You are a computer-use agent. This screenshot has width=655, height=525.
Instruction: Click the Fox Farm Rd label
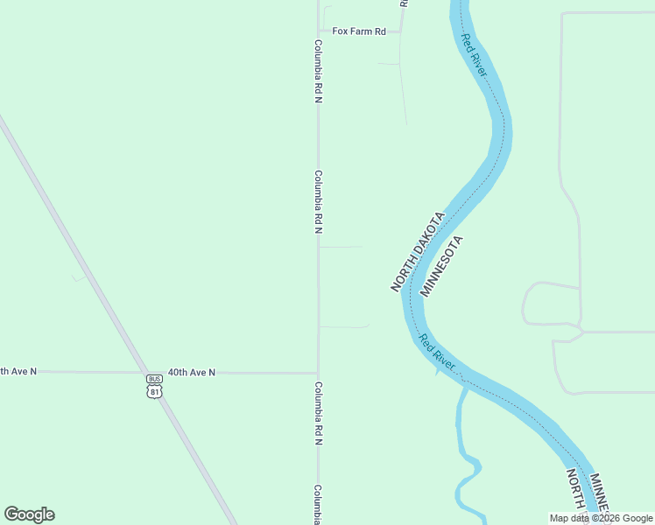pyautogui.click(x=358, y=31)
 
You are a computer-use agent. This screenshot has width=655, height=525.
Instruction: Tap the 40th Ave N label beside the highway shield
pyautogui.click(x=192, y=372)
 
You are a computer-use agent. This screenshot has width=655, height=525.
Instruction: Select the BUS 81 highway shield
pyautogui.click(x=155, y=385)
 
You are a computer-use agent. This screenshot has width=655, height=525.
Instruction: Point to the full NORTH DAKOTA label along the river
pyautogui.click(x=419, y=251)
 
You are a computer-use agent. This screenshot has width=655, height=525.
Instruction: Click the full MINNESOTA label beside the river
pyautogui.click(x=440, y=266)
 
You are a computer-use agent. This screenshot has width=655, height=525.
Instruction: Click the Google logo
pyautogui.click(x=30, y=514)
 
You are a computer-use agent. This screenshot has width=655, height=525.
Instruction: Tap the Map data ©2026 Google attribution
pyautogui.click(x=601, y=518)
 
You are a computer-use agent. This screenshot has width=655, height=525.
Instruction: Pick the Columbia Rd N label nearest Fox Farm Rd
pyautogui.click(x=319, y=71)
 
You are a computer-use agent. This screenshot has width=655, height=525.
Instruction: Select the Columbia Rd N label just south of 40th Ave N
pyautogui.click(x=319, y=413)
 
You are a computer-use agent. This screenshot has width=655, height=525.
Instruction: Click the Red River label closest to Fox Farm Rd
pyautogui.click(x=474, y=55)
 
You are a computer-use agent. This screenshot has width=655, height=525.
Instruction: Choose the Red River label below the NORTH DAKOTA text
pyautogui.click(x=436, y=352)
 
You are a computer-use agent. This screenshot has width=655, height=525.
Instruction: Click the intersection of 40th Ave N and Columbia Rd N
pyautogui.click(x=318, y=373)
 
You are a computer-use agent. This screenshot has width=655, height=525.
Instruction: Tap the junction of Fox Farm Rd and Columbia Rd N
pyautogui.click(x=318, y=31)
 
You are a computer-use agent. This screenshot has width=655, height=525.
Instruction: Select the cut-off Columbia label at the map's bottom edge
pyautogui.click(x=319, y=504)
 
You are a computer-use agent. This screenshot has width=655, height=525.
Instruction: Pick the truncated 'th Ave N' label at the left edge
pyautogui.click(x=18, y=371)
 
